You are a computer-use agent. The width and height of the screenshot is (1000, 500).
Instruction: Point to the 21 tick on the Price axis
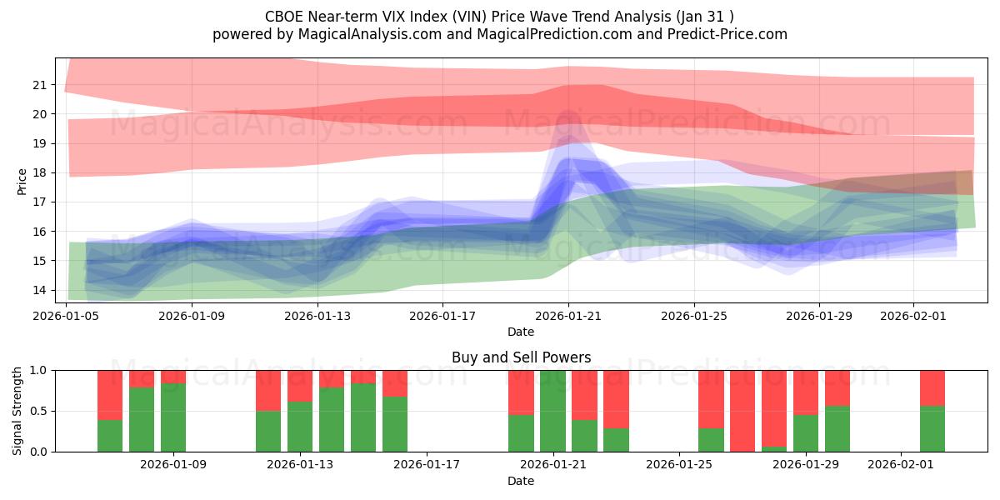(40, 85)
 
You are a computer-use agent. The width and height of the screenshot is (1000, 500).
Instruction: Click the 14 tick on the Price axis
(40, 290)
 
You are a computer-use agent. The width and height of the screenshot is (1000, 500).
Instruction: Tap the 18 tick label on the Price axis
(40, 172)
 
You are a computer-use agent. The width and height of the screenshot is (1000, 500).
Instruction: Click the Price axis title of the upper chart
(22, 181)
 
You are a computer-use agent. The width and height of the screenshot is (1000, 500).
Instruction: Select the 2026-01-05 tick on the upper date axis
(67, 316)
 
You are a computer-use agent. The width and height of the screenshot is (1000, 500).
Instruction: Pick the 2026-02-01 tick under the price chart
(913, 316)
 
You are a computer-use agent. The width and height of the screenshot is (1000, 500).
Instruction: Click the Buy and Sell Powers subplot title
(521, 357)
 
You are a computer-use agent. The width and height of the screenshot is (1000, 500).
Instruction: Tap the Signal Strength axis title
(17, 411)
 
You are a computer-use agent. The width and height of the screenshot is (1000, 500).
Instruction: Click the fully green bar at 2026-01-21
(552, 411)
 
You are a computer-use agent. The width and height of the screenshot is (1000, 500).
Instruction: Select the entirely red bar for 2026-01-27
(742, 411)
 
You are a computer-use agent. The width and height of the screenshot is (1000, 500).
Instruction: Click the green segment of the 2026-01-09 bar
(173, 417)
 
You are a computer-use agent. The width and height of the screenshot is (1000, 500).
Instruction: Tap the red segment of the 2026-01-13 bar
(300, 385)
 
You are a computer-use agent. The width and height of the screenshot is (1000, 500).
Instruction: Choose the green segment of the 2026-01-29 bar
(806, 433)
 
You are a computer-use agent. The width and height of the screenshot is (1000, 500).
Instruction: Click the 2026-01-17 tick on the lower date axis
(426, 465)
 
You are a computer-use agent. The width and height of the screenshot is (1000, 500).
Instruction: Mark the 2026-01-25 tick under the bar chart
(679, 465)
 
